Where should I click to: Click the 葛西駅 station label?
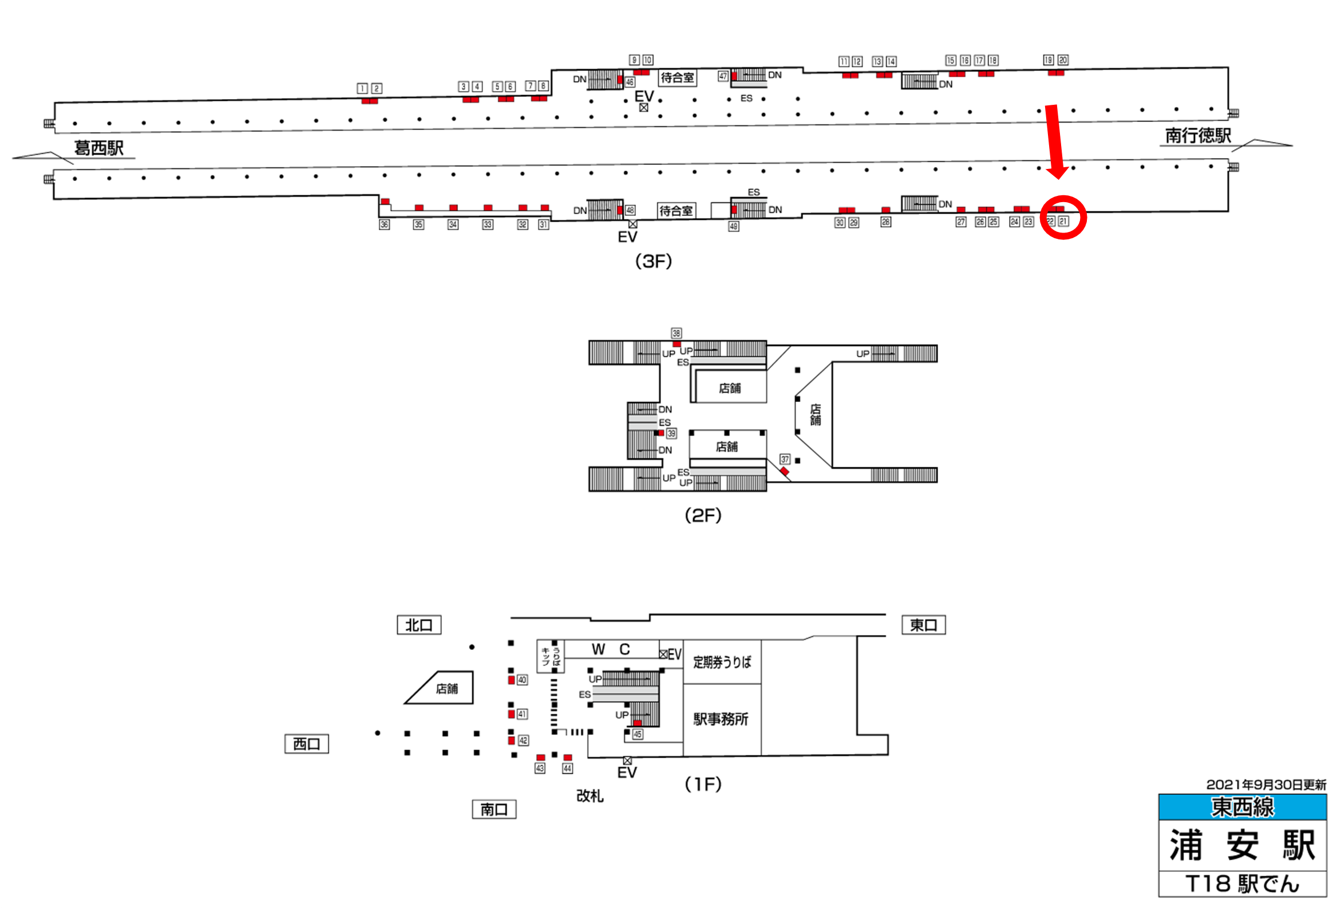tap(98, 148)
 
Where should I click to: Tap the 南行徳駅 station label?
tap(1198, 136)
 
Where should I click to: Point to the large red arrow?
tap(1055, 141)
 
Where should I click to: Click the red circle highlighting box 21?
tap(1063, 217)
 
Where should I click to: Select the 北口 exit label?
tap(419, 625)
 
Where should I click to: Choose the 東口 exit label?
tap(923, 625)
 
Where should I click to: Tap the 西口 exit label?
tap(306, 744)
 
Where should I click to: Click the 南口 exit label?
tap(494, 810)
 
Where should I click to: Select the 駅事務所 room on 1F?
tap(721, 719)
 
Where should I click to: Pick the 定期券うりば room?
tap(722, 662)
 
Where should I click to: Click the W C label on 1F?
tap(611, 649)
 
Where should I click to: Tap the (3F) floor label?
tap(653, 262)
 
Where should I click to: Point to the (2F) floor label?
tap(703, 515)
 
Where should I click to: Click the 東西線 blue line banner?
tap(1243, 807)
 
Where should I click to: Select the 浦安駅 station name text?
tap(1243, 845)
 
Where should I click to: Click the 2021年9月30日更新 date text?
tap(1266, 785)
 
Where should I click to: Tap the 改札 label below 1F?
tap(590, 795)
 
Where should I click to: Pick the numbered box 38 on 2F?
tap(677, 333)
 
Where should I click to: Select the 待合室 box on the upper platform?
tap(678, 77)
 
